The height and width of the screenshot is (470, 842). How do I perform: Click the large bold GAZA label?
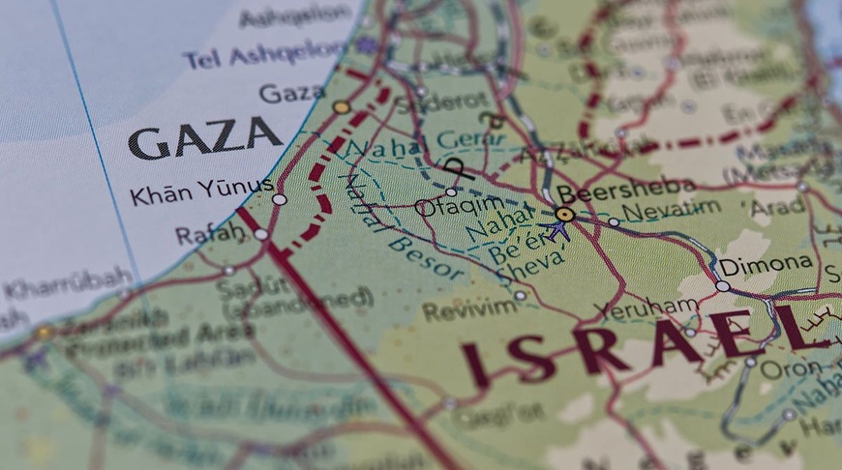(204, 137)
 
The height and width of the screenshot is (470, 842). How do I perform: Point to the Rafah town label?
(209, 234)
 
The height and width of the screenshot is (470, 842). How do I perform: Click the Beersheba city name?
(625, 190)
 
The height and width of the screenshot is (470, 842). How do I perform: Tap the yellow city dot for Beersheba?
(564, 214)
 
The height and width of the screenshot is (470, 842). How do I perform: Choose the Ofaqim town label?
(445, 207)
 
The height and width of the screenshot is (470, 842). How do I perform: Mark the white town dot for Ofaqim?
(451, 191)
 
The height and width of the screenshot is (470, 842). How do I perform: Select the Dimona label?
(765, 263)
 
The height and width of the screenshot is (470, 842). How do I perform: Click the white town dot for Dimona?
(722, 285)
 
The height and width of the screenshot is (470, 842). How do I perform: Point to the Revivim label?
(456, 309)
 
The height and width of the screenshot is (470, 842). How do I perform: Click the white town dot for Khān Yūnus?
(280, 199)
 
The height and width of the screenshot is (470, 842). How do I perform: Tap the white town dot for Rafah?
(260, 234)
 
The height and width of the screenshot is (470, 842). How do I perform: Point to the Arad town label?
(777, 206)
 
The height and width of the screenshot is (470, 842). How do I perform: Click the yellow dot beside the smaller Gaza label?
(341, 107)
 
